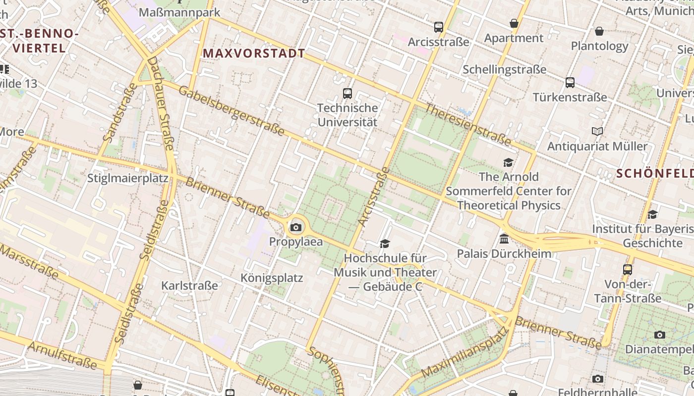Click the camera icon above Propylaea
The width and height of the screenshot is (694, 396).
296,227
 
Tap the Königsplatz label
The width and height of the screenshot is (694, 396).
271,278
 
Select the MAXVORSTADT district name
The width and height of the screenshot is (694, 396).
254,53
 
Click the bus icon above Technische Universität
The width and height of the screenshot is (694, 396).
347,93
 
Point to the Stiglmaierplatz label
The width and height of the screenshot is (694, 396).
127,178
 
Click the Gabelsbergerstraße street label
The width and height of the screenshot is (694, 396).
231,110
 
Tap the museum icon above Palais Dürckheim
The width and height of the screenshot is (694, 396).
504,239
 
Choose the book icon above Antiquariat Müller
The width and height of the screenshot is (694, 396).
597,132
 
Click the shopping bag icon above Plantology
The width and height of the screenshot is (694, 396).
599,31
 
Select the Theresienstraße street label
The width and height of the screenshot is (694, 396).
467,124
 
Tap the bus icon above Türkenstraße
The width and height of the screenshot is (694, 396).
570,82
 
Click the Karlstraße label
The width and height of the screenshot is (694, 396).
189,286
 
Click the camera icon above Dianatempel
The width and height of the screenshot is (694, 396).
659,335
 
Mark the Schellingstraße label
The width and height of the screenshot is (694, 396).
504,69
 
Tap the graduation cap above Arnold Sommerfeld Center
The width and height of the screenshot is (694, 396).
508,162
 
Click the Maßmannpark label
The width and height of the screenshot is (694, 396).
179,12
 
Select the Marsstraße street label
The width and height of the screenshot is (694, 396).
30,262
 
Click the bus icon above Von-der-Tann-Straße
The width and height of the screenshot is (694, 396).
628,269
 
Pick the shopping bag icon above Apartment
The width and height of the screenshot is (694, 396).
514,23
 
